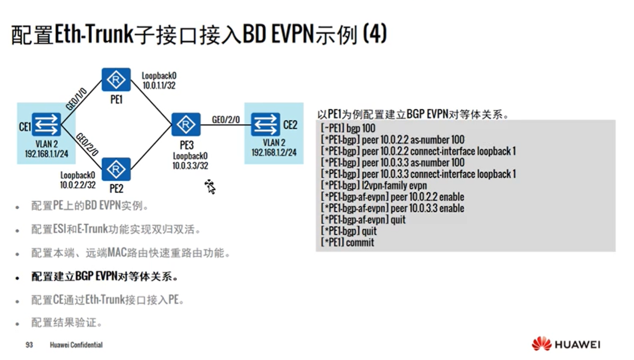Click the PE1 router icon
[116, 80]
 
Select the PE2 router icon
[116, 170]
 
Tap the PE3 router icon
[186, 125]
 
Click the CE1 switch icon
[46, 125]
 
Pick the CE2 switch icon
[266, 125]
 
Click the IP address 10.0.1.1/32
[159, 86]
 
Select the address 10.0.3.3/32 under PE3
[190, 166]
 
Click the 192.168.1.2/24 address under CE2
[274, 153]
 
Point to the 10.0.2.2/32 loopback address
[78, 185]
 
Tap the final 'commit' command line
[348, 243]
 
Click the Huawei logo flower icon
[541, 344]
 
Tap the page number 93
[29, 345]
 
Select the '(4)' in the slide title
[374, 35]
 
